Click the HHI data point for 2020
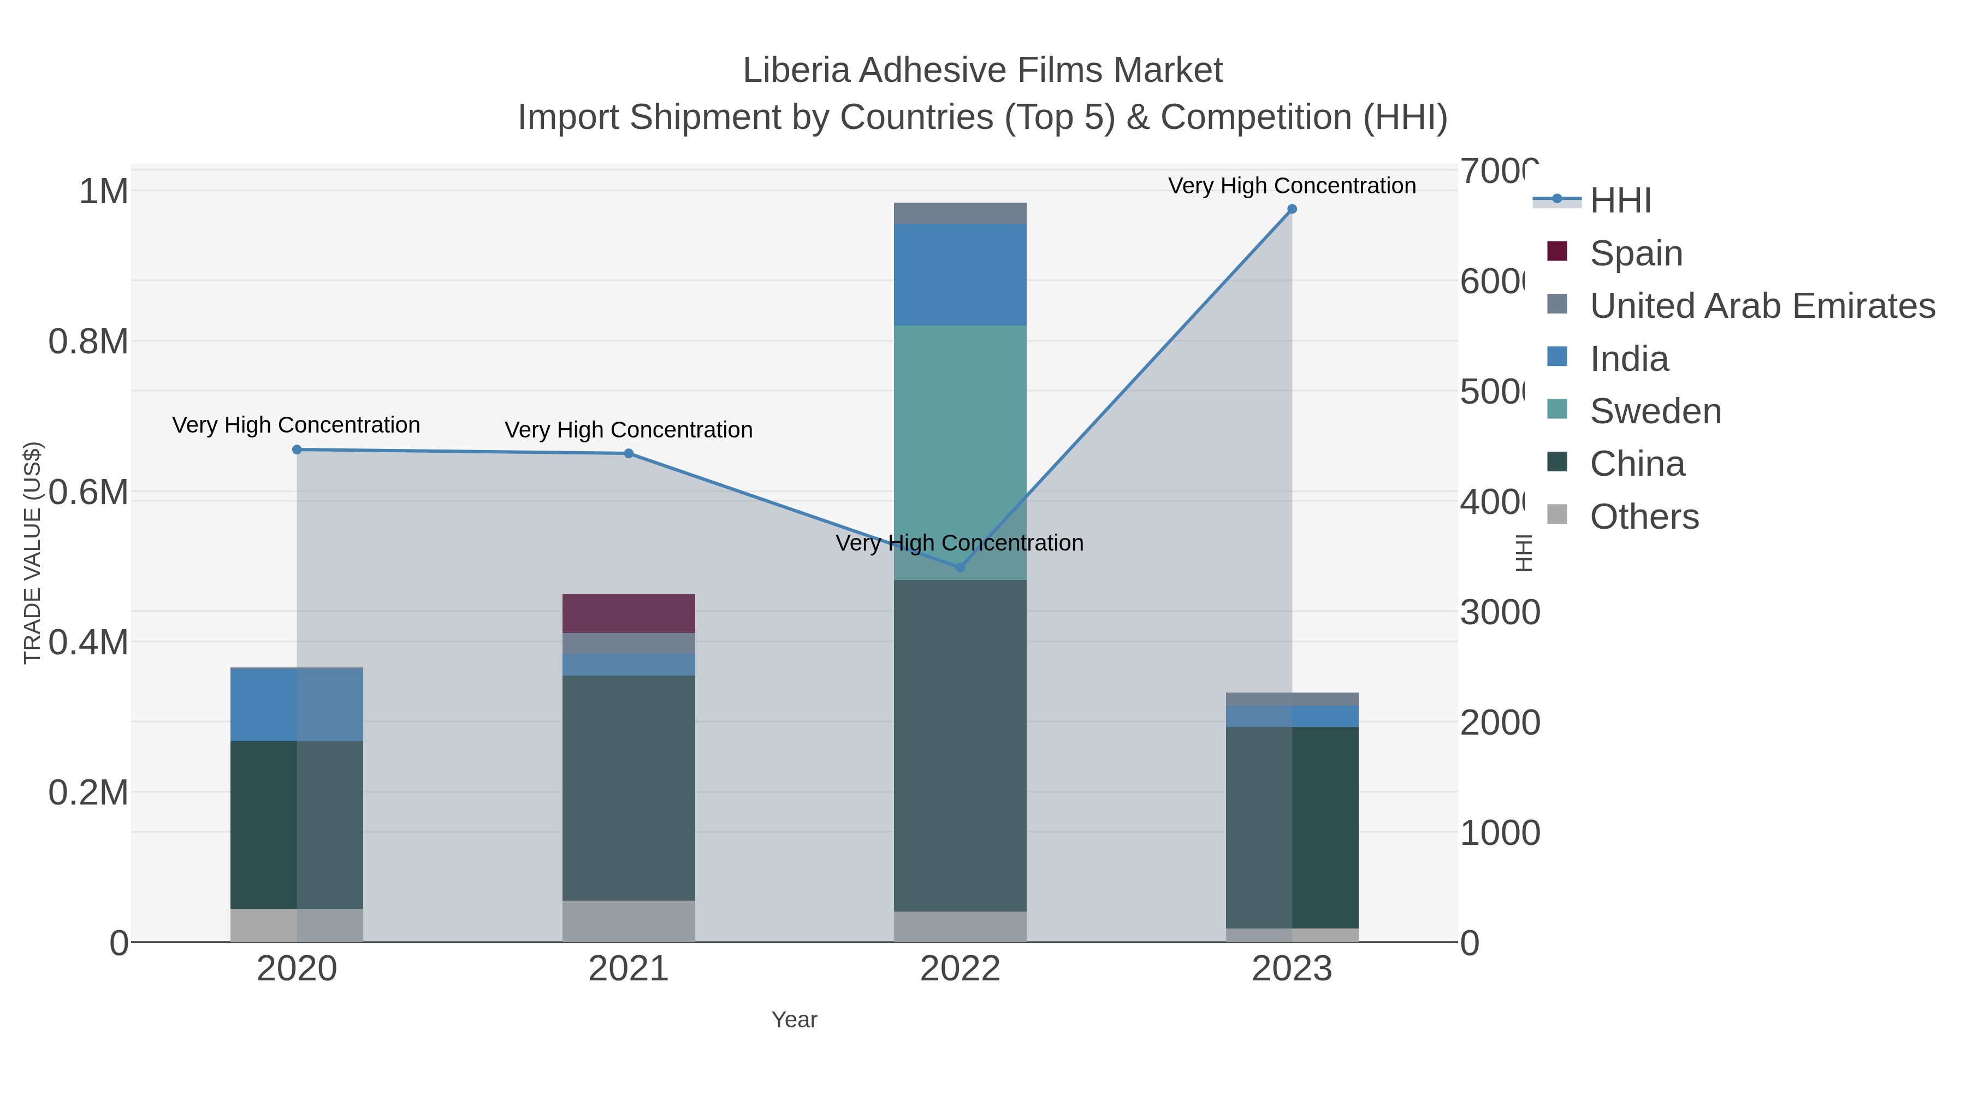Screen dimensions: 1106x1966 297,450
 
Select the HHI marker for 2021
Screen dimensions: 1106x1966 628,453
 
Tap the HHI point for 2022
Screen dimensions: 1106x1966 960,567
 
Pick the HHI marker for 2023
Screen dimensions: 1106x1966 1292,209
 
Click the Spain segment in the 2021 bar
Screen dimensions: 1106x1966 628,614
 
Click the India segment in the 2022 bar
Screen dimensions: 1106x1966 960,275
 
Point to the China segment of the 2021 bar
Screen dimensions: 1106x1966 628,788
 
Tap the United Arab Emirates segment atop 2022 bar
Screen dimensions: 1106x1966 960,214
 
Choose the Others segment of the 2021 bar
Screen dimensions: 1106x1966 628,921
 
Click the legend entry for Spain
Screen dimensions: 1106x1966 1636,253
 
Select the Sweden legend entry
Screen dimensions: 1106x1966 1655,411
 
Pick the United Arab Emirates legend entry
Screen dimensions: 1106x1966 1761,305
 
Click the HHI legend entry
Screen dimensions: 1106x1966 1620,201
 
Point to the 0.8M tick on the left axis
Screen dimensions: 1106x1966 88,341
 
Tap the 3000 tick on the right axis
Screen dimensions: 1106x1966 1500,612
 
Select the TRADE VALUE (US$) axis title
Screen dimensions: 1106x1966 32,553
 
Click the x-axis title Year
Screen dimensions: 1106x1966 793,1020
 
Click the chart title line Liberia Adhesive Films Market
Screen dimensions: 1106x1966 982,70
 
